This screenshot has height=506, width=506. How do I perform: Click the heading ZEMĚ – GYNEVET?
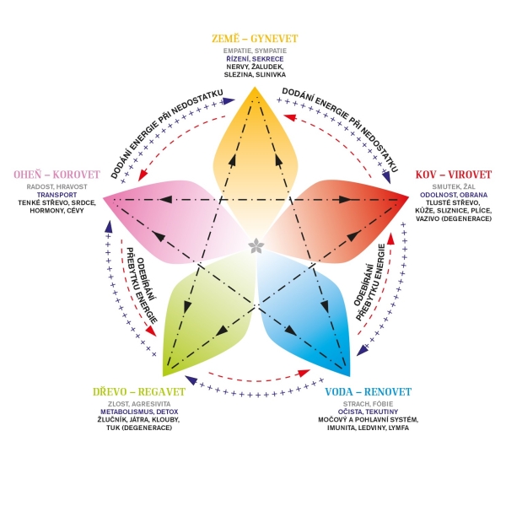point(255,39)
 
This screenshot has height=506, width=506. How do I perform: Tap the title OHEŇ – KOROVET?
point(57,175)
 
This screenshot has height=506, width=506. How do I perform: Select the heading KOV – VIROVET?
point(454,175)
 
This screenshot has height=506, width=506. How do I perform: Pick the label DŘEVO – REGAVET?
point(139,392)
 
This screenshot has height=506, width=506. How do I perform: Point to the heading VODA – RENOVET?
point(369,392)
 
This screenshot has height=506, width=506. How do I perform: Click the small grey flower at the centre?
point(256,246)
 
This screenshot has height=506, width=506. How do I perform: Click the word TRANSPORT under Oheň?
point(57,195)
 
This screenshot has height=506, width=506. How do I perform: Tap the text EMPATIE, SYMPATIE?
point(255,51)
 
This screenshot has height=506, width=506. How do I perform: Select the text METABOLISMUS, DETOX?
point(139,412)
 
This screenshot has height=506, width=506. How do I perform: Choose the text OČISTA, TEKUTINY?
point(369,412)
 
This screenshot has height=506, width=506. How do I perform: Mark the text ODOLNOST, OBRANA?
point(454,195)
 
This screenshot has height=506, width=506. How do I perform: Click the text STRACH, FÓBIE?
point(369,404)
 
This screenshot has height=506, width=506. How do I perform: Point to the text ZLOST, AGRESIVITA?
point(139,404)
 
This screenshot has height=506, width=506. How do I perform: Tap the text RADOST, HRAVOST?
point(57,187)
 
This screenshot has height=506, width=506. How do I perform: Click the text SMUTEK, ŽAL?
point(454,187)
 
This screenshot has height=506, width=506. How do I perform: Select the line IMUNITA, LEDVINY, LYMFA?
point(369,428)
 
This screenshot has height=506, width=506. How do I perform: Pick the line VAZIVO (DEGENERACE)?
point(454,218)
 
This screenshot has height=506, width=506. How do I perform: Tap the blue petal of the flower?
point(307,310)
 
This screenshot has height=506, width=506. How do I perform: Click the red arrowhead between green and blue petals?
point(304,374)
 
